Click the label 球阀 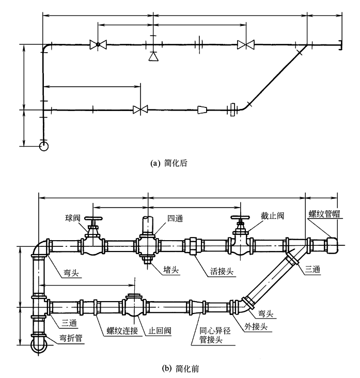pyautogui.click(x=72, y=217)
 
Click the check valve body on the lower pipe pyautogui.click(x=134, y=308)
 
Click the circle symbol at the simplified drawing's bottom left pyautogui.click(x=43, y=147)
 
